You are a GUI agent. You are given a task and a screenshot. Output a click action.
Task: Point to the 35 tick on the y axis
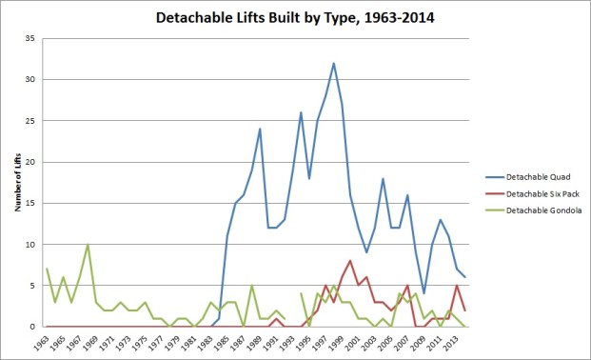pos(29,38)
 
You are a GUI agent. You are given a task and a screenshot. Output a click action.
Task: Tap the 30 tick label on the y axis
pos(29,80)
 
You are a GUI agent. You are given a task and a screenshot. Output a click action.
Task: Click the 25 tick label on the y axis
pos(29,121)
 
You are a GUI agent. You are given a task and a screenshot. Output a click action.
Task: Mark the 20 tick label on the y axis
pos(29,162)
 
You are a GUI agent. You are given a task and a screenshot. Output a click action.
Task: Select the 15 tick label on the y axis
pos(29,203)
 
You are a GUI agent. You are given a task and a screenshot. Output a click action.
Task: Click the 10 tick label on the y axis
pos(29,245)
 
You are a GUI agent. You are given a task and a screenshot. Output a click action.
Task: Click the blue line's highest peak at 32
pos(333,64)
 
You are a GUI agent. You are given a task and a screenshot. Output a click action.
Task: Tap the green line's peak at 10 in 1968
pos(88,245)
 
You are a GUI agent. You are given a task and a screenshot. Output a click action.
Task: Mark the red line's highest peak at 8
pos(350,261)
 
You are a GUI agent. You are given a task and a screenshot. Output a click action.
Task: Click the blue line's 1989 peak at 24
pos(260,130)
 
